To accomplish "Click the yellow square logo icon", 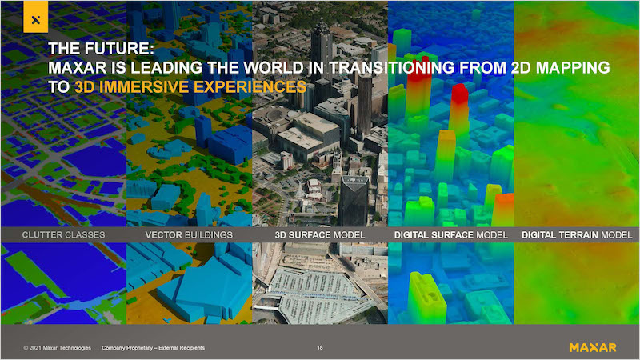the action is coord(36,17).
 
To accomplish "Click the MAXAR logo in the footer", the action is coord(593,348).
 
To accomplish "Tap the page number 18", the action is coord(319,348).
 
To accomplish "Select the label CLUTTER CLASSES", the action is coord(64,235).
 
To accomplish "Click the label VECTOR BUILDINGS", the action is coord(189,235).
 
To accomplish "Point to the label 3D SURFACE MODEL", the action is coord(319,235).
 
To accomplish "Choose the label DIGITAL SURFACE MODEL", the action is coord(451,235).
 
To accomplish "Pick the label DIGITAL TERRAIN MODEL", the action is coord(577,235).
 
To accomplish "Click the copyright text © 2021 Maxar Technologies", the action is coord(57,348).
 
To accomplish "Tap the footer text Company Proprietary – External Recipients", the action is coord(153,348).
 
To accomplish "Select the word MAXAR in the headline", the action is coord(77,68).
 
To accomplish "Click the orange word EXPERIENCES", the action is coord(250,87).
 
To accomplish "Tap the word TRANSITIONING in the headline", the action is coord(392,68).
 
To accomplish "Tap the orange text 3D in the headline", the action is coord(85,87).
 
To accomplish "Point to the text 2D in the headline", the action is coord(521,68).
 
